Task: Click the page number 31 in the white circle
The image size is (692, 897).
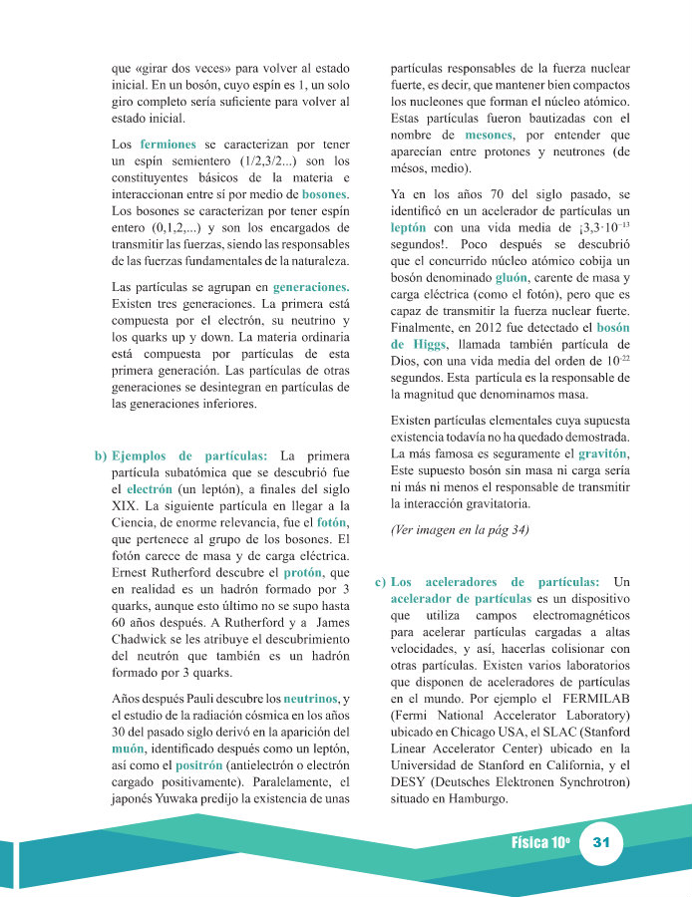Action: click(600, 843)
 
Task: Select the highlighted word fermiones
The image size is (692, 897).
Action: click(168, 145)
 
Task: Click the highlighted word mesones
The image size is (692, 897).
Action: click(489, 135)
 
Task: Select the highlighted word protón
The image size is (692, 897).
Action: click(303, 573)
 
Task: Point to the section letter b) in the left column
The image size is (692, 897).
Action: click(101, 455)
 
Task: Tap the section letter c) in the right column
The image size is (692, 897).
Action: click(379, 581)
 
